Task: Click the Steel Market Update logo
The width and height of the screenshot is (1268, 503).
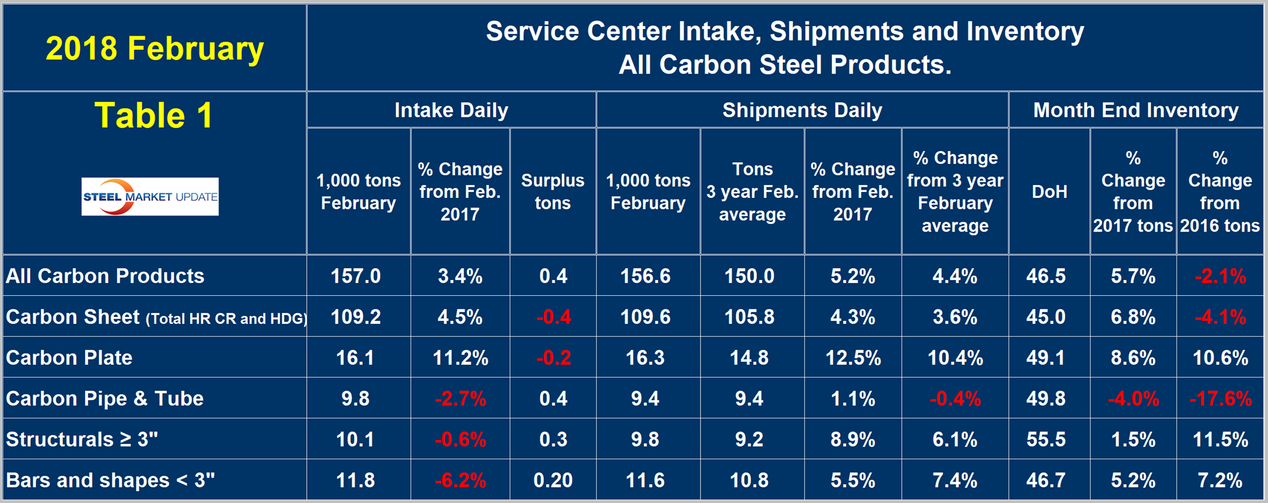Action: pyautogui.click(x=150, y=197)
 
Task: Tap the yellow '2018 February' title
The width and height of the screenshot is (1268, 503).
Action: pyautogui.click(x=155, y=48)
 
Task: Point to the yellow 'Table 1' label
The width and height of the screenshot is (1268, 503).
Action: pyautogui.click(x=154, y=115)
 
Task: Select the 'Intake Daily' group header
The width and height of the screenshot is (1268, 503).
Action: pyautogui.click(x=451, y=110)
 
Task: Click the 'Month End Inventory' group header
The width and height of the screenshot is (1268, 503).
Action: pyautogui.click(x=1136, y=110)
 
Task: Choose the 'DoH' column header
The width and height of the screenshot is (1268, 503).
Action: pyautogui.click(x=1049, y=191)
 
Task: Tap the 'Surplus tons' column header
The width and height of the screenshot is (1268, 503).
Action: pyautogui.click(x=552, y=191)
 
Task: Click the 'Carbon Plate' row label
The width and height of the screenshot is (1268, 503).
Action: pyautogui.click(x=69, y=357)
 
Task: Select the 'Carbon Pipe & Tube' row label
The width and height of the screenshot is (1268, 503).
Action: pyautogui.click(x=105, y=398)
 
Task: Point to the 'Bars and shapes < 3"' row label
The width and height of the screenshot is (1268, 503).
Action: pyautogui.click(x=110, y=480)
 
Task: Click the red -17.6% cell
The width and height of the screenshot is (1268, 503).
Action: pyautogui.click(x=1220, y=399)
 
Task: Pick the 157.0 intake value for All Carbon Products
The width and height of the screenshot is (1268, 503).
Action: pyautogui.click(x=355, y=276)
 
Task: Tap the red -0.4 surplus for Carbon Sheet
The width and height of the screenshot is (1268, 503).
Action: pyautogui.click(x=553, y=317)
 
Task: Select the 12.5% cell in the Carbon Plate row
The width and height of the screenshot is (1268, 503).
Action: pyautogui.click(x=853, y=358)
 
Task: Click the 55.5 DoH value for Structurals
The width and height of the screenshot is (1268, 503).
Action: pyautogui.click(x=1046, y=439)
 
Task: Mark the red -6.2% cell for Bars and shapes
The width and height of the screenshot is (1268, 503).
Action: pyautogui.click(x=460, y=480)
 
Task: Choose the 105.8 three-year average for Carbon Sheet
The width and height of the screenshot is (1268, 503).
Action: pyautogui.click(x=749, y=317)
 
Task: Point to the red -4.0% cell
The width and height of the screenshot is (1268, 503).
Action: pyautogui.click(x=1133, y=399)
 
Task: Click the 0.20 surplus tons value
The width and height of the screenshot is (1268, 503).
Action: pyautogui.click(x=553, y=480)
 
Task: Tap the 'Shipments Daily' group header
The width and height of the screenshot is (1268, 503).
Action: pyautogui.click(x=802, y=110)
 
